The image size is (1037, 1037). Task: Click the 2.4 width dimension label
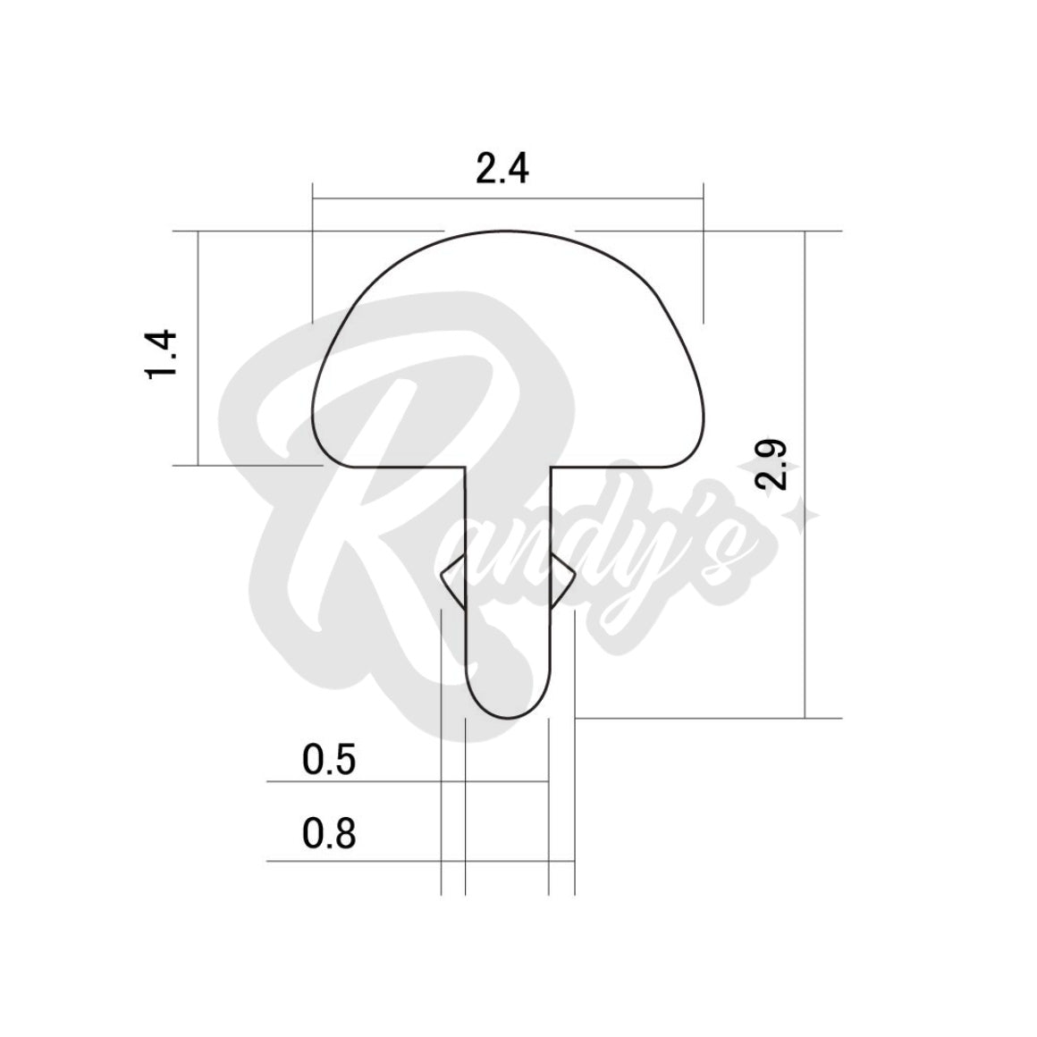click(x=502, y=169)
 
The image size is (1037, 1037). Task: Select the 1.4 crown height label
click(x=162, y=354)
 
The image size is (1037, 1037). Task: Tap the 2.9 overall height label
click(x=771, y=464)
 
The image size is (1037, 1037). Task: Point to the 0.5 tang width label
click(x=329, y=760)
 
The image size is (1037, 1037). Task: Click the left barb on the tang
click(x=453, y=580)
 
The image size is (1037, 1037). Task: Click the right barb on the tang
click(x=563, y=580)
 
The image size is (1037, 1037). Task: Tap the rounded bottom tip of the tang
click(x=508, y=717)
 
